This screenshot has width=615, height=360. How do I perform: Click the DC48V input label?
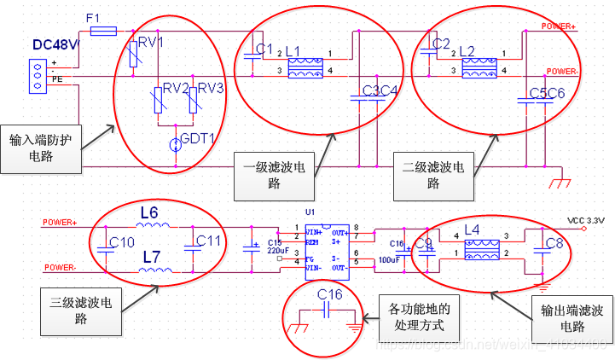coord(55,44)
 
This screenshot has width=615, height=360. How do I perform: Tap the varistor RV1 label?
coord(151,40)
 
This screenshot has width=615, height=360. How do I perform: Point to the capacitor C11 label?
coord(210,241)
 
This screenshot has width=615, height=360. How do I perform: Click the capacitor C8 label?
coord(554,243)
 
